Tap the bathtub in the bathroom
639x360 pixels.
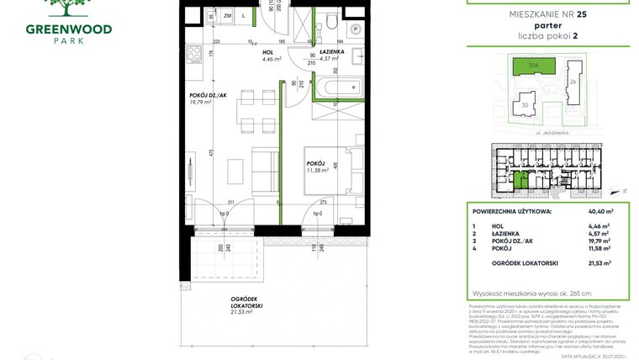pos(337,86)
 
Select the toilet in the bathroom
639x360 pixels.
pos(334,21)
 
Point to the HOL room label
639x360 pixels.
pos(268,52)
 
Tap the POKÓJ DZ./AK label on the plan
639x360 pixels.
pos(209,95)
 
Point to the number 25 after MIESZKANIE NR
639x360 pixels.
pos(582,13)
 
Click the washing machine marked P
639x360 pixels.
pos(356,29)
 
